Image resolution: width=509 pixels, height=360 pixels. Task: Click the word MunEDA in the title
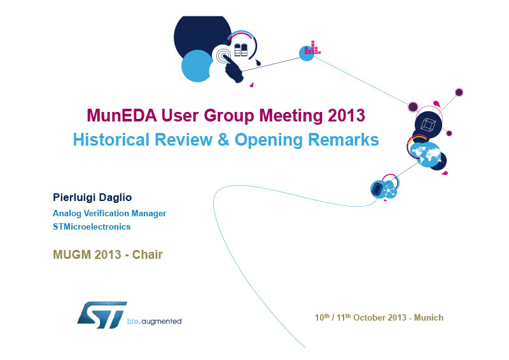(122, 115)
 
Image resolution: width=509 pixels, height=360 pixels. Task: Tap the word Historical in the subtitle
(111, 139)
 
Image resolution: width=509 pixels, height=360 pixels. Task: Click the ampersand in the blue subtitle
(223, 139)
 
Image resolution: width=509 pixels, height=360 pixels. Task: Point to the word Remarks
(343, 139)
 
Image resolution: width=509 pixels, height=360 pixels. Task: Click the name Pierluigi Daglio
(92, 197)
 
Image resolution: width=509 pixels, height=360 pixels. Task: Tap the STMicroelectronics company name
(92, 226)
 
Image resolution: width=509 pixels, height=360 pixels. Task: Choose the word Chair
(148, 254)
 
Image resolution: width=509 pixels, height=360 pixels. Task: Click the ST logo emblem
(102, 315)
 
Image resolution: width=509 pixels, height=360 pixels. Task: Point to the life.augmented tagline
(154, 321)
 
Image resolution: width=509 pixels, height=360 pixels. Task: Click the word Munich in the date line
(428, 317)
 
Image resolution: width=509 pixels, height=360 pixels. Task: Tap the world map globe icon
(425, 154)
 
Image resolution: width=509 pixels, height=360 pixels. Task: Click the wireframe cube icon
(428, 125)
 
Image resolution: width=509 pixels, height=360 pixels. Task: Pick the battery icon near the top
(241, 50)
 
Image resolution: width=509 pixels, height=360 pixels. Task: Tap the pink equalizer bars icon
(312, 48)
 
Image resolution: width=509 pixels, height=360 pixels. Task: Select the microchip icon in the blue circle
(377, 189)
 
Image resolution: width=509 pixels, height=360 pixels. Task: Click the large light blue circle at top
(197, 66)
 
